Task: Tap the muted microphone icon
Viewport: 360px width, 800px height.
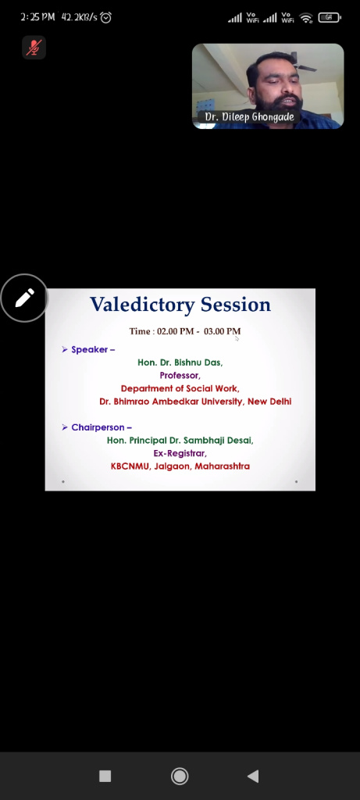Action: coord(34,48)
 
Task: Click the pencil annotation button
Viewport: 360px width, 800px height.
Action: coord(24,298)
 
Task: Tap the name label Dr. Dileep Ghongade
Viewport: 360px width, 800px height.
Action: coord(249,117)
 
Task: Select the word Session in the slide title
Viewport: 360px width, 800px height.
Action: coord(236,305)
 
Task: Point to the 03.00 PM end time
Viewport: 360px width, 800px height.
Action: coord(222,331)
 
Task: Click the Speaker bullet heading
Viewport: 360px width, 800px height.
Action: coord(89,349)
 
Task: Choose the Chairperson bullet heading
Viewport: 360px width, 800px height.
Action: coord(97,427)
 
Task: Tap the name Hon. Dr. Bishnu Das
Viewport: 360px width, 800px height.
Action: coord(180,362)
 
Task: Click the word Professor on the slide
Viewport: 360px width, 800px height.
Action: coord(180,376)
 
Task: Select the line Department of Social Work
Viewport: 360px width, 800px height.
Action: coord(180,389)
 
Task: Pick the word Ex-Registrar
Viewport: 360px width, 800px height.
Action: coord(180,453)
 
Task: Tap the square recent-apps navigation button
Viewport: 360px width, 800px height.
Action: coord(105,776)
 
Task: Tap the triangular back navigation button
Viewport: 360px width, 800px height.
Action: coord(253,776)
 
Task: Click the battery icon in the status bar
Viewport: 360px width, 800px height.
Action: coord(330,17)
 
